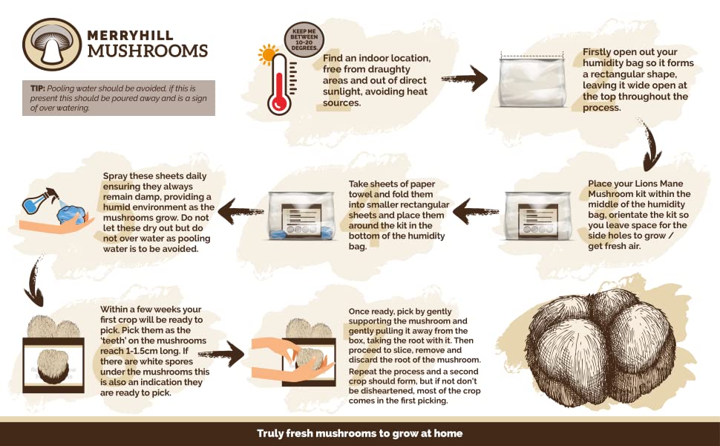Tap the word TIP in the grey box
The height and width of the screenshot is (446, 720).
38,88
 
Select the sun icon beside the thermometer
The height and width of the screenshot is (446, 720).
266,54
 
